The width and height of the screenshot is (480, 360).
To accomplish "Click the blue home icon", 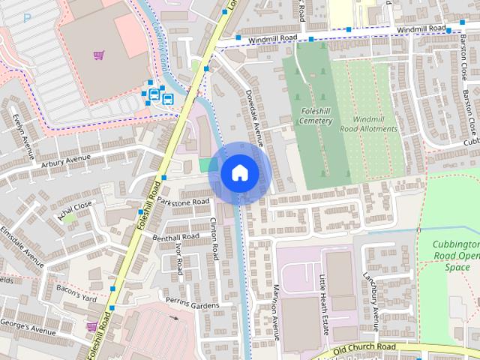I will [239, 173].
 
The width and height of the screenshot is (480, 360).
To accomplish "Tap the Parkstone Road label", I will [181, 202].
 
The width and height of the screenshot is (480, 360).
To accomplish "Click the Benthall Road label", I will [176, 237].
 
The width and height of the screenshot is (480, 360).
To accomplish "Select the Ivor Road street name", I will [179, 258].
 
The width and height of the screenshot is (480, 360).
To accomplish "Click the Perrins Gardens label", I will [193, 305].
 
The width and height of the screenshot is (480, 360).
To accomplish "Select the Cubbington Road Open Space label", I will [456, 256].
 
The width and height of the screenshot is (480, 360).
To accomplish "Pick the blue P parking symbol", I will [27, 18].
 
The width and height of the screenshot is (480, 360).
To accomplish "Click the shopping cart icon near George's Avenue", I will [91, 327].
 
